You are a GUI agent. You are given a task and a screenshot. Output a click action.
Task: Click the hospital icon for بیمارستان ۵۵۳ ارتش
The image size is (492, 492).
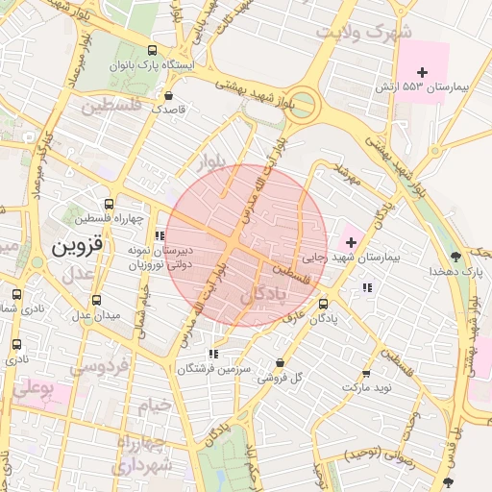pyautogui.click(x=423, y=71)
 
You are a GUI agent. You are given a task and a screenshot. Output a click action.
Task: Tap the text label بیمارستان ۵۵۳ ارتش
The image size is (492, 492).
pyautogui.click(x=422, y=87)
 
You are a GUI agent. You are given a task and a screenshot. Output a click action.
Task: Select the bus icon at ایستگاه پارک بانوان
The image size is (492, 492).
pyautogui.click(x=152, y=50)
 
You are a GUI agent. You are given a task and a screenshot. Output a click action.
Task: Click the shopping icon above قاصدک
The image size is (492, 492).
pyautogui.click(x=169, y=96)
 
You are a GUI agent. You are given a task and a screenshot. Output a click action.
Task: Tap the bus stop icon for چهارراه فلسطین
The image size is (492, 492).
pyautogui.click(x=109, y=204)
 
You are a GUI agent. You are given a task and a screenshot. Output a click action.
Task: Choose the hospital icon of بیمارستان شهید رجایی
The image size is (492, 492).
pyautogui.click(x=348, y=239)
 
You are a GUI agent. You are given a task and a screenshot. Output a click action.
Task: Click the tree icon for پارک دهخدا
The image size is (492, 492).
pyautogui.click(x=455, y=257)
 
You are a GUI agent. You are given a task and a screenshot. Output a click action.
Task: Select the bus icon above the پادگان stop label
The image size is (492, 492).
pyautogui.click(x=322, y=307)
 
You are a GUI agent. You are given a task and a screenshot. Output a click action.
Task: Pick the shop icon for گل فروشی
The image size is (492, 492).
pyautogui.click(x=280, y=363)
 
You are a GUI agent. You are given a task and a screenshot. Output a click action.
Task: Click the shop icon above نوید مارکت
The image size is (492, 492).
pyautogui.click(x=365, y=374)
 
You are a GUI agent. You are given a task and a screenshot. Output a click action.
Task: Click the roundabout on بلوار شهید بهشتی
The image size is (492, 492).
pyautogui.click(x=305, y=105)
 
